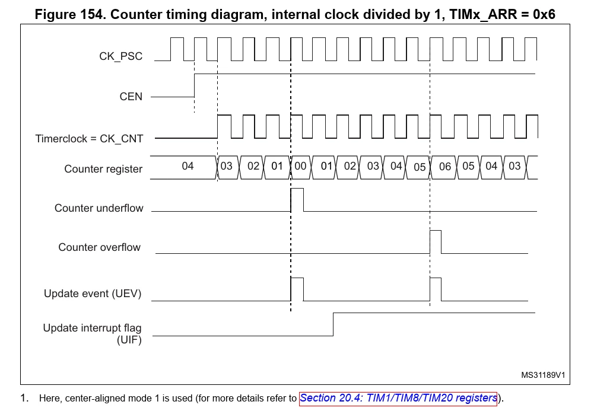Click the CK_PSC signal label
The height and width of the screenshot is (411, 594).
click(121, 56)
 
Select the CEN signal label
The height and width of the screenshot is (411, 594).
click(131, 97)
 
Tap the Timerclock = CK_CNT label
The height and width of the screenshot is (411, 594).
click(90, 139)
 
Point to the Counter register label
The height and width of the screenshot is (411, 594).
click(103, 169)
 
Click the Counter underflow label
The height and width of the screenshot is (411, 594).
click(99, 208)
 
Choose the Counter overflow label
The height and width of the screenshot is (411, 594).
click(99, 247)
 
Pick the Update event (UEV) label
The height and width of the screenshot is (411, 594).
click(93, 294)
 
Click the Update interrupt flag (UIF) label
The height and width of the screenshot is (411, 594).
click(93, 333)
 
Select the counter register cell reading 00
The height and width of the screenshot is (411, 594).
click(300, 167)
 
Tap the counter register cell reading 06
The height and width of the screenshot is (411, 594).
click(444, 167)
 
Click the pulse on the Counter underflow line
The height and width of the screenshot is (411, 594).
click(297, 200)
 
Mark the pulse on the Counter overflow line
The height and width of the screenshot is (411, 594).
click(436, 242)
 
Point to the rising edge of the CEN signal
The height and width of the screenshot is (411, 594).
click(194, 85)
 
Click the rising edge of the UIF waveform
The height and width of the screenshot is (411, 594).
click(333, 324)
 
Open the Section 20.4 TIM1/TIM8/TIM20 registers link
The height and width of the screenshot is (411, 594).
click(398, 398)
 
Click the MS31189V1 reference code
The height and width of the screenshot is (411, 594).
click(543, 375)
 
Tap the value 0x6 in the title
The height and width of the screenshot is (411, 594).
click(544, 14)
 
